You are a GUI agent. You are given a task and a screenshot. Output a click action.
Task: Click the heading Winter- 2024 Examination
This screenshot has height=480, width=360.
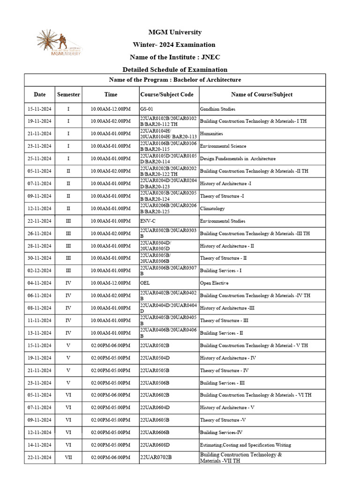coord(175,45)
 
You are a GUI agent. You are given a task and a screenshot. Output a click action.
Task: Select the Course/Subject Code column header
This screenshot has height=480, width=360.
coord(167,94)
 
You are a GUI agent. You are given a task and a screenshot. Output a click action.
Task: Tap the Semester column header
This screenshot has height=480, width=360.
coord(68,94)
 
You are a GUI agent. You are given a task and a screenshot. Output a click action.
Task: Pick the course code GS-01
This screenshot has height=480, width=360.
coord(147,109)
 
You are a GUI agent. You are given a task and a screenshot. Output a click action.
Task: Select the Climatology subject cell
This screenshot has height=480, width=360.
coord(212,209)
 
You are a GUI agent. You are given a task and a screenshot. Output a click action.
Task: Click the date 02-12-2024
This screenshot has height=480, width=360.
coord(40,270)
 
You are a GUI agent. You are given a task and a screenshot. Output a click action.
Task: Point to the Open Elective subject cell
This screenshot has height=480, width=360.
coord(214,283)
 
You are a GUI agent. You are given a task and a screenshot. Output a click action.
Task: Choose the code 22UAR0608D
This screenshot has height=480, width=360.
coord(155,445)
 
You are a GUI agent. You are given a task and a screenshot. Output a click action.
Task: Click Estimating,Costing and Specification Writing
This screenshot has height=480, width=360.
coord(245,445)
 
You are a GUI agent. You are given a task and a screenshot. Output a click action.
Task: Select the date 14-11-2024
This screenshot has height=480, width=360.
coord(40,445)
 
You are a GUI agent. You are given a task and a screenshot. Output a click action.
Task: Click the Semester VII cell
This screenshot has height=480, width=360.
coord(68,457)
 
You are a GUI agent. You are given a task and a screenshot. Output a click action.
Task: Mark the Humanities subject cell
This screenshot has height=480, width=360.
coord(211,134)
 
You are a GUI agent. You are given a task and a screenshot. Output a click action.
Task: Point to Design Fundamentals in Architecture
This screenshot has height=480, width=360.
coord(238,158)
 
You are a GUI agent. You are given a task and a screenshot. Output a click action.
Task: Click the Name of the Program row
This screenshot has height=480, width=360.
coord(175,80)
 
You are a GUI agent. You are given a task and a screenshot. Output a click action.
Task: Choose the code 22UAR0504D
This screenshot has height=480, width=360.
coord(155,358)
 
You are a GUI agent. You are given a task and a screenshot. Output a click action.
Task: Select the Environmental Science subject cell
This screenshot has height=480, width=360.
coord(223,146)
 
